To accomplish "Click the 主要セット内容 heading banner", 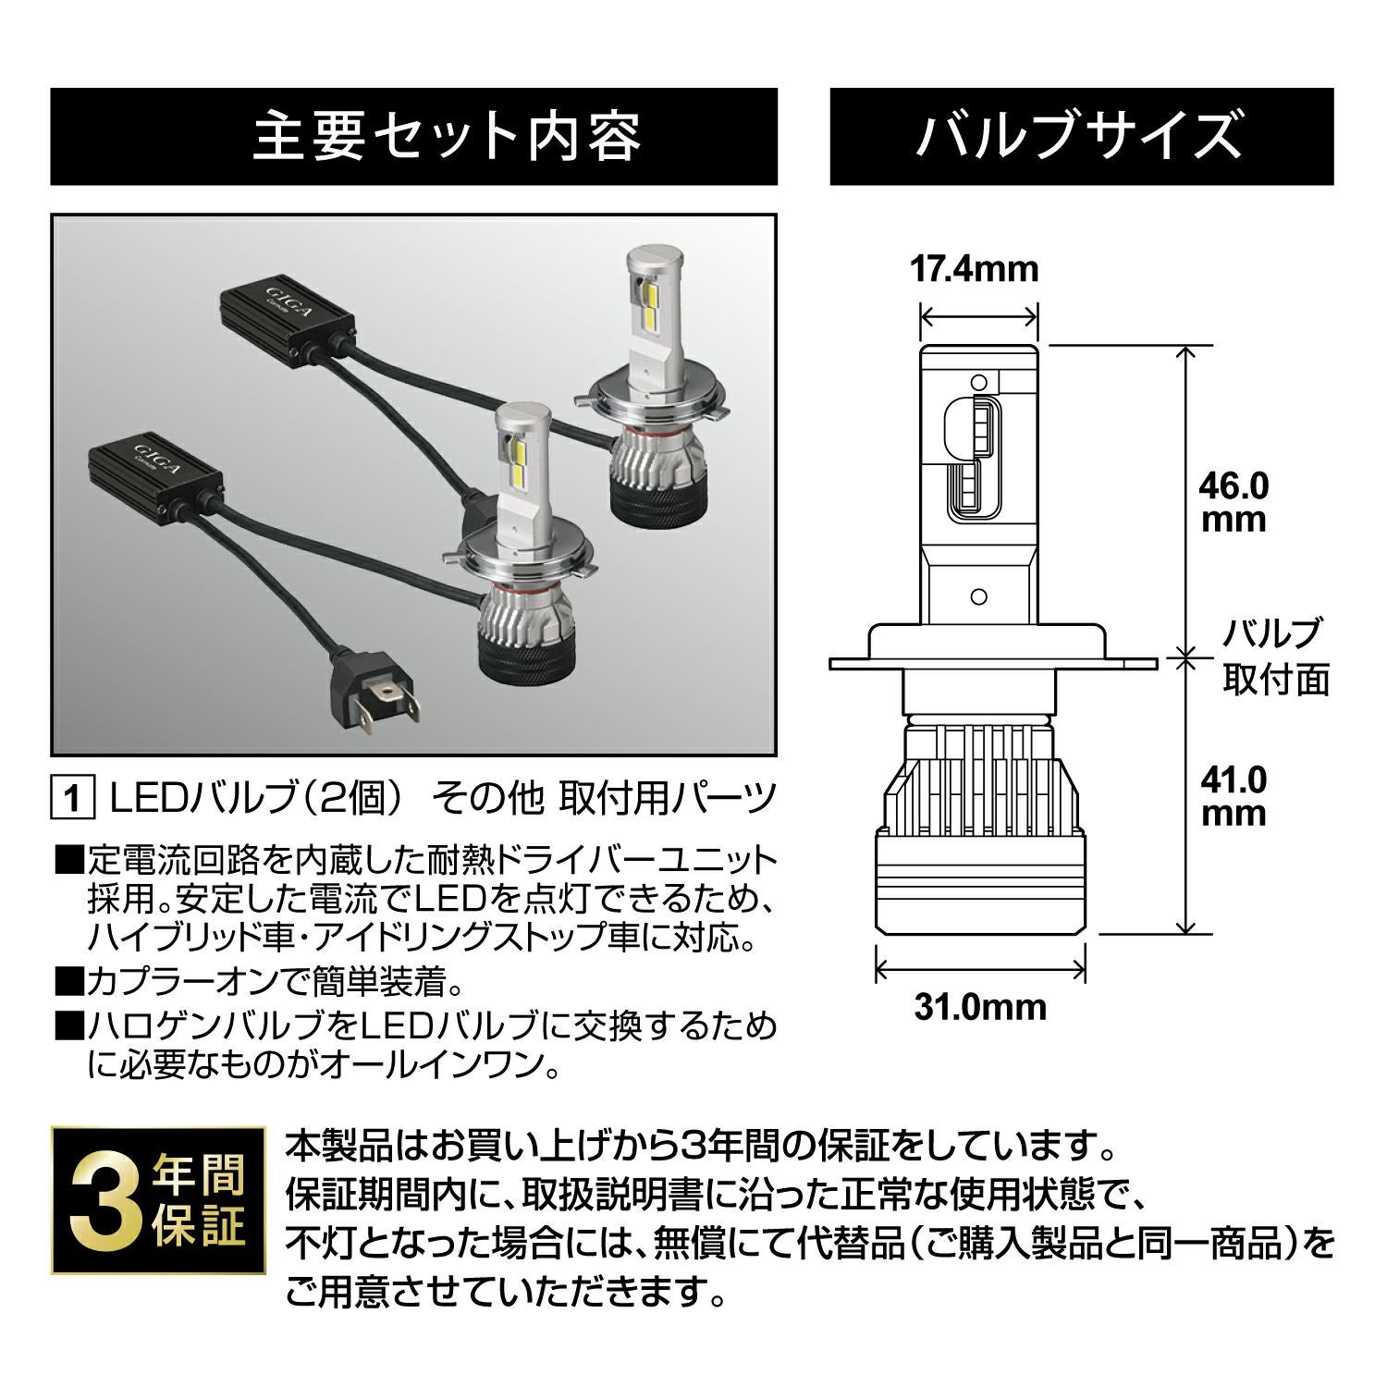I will (413, 137).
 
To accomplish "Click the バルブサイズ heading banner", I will (1081, 137).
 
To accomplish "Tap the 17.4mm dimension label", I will (975, 269).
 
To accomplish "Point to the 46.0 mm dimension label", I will (1233, 502).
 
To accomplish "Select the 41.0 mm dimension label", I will (1233, 796).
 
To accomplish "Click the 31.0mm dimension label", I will (980, 1006).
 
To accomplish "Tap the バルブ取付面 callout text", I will (1275, 657).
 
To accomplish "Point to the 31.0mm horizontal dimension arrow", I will (979, 970).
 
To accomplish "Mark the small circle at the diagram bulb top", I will (979, 380).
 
